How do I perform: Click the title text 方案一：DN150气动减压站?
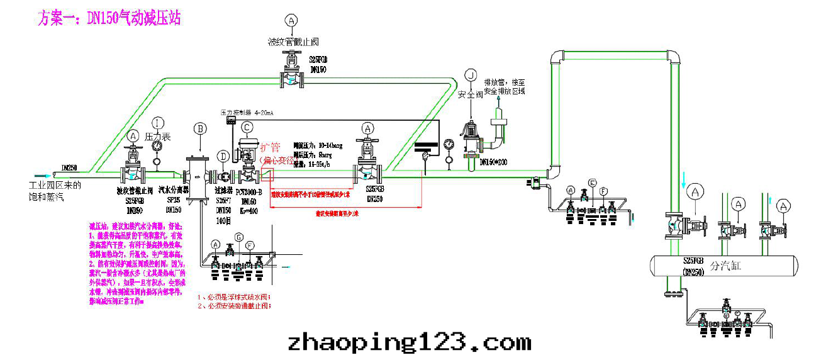(110, 18)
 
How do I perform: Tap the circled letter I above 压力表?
(158, 123)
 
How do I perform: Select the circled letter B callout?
(201, 128)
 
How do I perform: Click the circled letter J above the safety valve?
(470, 75)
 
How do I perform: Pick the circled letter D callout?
(223, 155)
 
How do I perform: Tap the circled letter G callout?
(238, 236)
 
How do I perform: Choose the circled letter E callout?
(591, 183)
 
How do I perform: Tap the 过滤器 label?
(224, 189)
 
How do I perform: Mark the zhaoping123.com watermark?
(410, 343)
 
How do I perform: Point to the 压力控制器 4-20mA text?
(247, 113)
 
